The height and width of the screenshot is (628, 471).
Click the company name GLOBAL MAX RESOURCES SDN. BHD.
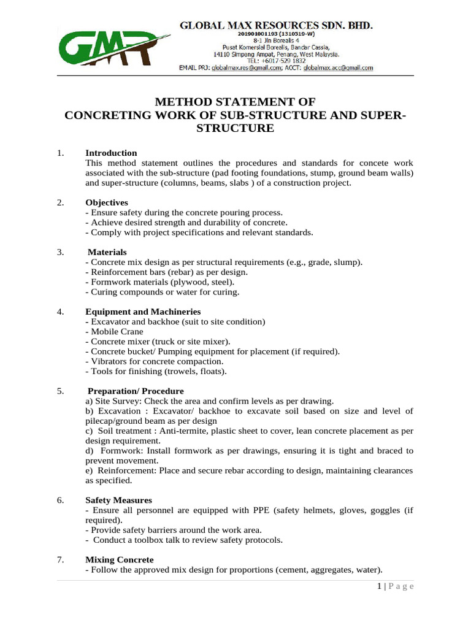pyautogui.click(x=275, y=26)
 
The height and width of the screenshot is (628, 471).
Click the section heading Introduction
pyautogui.click(x=111, y=153)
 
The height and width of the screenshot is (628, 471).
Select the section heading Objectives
pyautogui.click(x=107, y=202)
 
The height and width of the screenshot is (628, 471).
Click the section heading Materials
pyautogui.click(x=107, y=252)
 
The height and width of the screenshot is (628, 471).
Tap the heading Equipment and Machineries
pyautogui.click(x=143, y=312)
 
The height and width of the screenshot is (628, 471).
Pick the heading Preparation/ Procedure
pyautogui.click(x=136, y=391)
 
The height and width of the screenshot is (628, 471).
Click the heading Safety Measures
pyautogui.click(x=118, y=500)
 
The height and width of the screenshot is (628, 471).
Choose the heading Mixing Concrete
pyautogui.click(x=120, y=559)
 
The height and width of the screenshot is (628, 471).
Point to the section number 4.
pyautogui.click(x=60, y=312)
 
